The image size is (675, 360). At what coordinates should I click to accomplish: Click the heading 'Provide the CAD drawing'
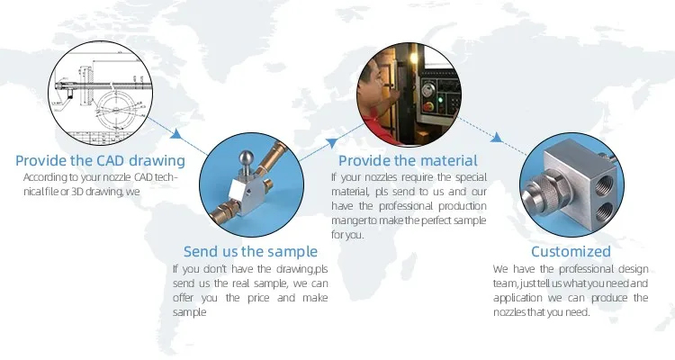(100, 160)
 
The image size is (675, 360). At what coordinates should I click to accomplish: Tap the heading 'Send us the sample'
(250, 251)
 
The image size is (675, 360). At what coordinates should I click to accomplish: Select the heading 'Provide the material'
(408, 160)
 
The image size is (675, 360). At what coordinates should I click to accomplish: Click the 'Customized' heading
(571, 251)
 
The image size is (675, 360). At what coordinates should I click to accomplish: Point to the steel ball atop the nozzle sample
(247, 157)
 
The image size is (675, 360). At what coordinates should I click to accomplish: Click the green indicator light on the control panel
(440, 100)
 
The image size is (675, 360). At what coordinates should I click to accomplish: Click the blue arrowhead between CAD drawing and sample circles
(175, 134)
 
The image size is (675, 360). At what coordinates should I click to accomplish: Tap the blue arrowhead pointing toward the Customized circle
(497, 138)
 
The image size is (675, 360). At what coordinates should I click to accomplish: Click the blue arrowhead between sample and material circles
(332, 142)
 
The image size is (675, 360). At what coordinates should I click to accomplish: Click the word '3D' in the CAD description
(77, 191)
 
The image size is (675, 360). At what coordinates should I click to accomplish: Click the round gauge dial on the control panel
(427, 90)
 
